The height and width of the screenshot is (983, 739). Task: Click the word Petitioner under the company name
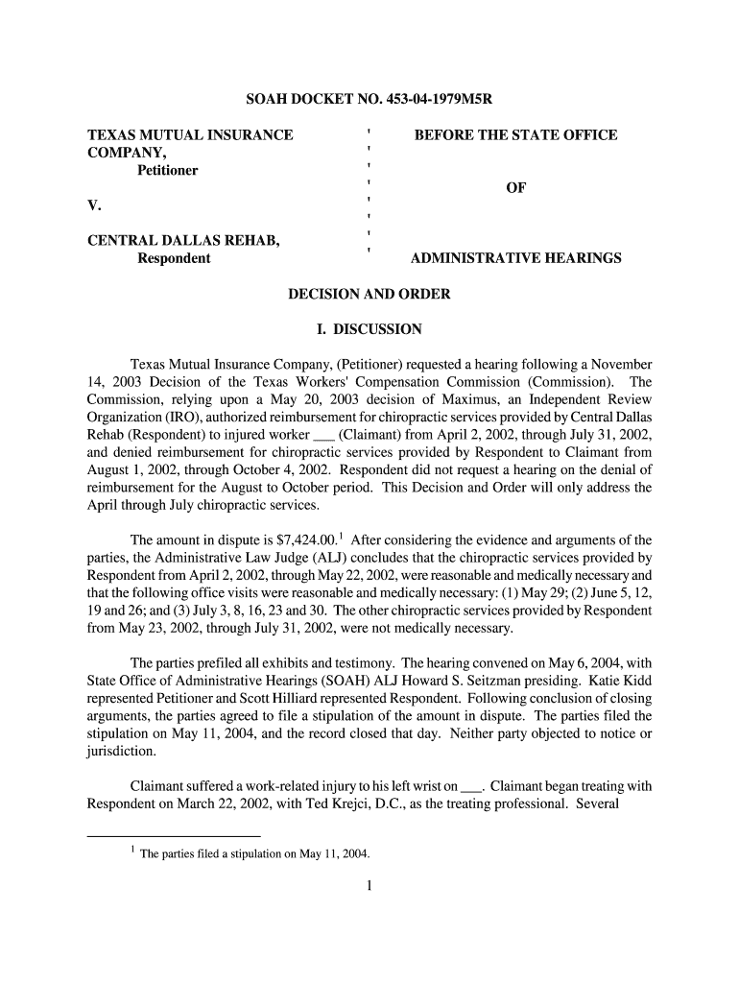tap(168, 170)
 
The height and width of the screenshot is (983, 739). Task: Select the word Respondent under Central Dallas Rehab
tap(174, 258)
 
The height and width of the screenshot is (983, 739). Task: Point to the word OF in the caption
tap(515, 188)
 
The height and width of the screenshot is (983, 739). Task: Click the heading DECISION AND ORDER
tap(369, 294)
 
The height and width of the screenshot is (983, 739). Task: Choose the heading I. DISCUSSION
tap(369, 329)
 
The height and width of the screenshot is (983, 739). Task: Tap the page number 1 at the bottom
tap(369, 885)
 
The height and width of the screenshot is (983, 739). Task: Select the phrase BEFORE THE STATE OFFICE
tap(515, 135)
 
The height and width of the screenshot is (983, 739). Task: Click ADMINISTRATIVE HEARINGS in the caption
tap(515, 258)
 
